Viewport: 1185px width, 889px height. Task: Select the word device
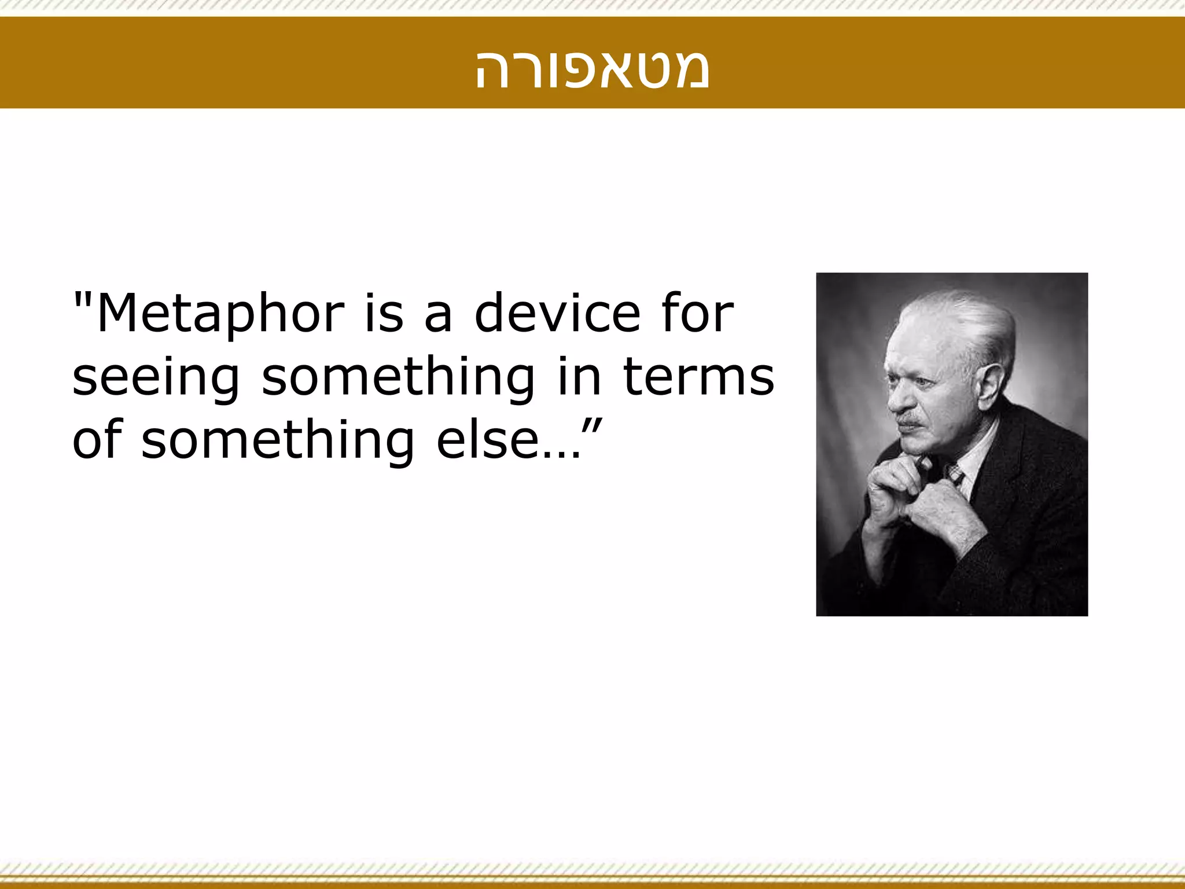click(557, 314)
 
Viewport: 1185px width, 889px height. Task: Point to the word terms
click(698, 377)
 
